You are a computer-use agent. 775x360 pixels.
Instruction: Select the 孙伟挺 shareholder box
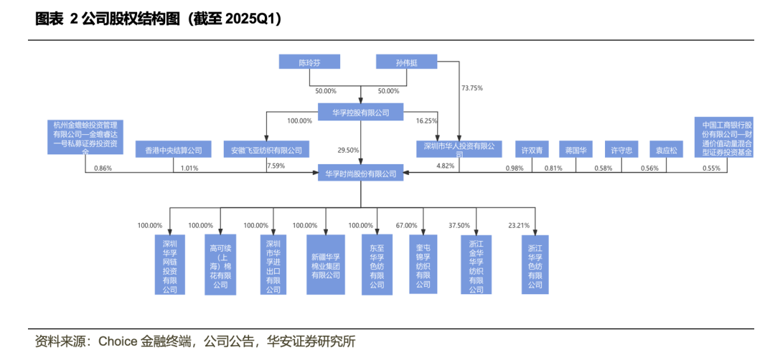(406, 62)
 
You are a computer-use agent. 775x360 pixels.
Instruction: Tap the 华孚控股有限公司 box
(360, 112)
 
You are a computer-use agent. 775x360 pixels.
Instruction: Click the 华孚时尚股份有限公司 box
(361, 173)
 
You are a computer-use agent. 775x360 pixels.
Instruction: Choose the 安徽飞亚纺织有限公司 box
(266, 151)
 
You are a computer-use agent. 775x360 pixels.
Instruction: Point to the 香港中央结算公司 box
(174, 151)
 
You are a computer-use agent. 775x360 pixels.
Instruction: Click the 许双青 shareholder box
(532, 151)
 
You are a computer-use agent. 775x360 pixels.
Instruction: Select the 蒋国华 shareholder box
(576, 151)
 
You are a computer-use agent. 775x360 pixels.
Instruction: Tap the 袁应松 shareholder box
(667, 151)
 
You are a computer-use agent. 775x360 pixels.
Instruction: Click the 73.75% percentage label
(472, 88)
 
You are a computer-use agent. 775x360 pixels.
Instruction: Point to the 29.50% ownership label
(348, 151)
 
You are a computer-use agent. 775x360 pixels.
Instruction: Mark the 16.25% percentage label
(426, 121)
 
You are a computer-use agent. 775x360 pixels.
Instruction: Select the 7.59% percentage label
(276, 166)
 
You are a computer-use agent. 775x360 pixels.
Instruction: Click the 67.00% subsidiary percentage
(406, 225)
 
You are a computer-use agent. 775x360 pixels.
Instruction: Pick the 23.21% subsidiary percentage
(518, 225)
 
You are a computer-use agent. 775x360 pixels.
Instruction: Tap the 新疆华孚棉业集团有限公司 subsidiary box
(327, 264)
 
